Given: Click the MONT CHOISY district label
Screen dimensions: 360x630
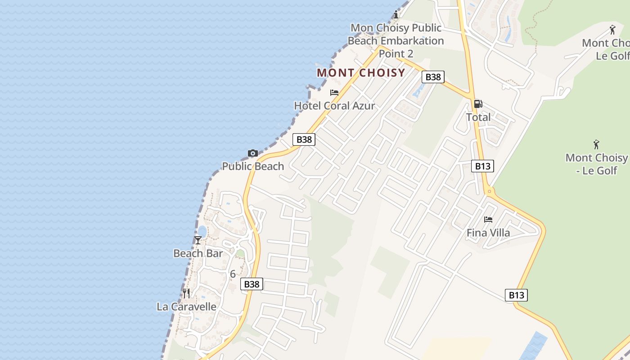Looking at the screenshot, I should click(361, 72).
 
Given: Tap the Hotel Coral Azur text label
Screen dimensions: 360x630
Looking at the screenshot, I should click(334, 106).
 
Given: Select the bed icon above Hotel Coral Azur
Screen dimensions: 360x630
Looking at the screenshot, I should click(334, 93).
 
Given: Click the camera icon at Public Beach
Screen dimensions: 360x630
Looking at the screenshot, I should click(253, 153).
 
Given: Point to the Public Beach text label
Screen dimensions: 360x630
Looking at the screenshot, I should click(253, 166).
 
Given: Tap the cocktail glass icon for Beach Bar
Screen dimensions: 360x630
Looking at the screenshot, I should click(198, 240).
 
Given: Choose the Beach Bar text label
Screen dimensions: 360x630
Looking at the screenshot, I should click(198, 253).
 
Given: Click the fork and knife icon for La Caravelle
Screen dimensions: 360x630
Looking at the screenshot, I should click(186, 293).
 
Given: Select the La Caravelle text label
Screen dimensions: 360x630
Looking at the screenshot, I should click(186, 307).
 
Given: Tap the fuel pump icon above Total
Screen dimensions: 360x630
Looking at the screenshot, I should click(478, 104).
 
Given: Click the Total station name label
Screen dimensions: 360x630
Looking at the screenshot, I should click(478, 117).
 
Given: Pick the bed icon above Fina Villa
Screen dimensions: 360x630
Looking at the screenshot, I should click(488, 220).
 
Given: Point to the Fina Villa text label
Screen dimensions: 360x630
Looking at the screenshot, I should click(488, 233).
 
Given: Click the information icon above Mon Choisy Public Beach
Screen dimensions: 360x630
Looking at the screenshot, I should click(396, 15).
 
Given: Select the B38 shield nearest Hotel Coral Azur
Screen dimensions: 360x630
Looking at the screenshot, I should click(304, 139).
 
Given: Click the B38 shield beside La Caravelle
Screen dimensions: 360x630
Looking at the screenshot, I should click(252, 284).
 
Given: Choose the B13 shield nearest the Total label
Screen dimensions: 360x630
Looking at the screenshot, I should click(483, 166).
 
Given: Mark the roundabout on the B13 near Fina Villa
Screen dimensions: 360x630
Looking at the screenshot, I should click(490, 192).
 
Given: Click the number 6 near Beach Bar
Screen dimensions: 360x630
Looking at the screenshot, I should click(233, 274).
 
